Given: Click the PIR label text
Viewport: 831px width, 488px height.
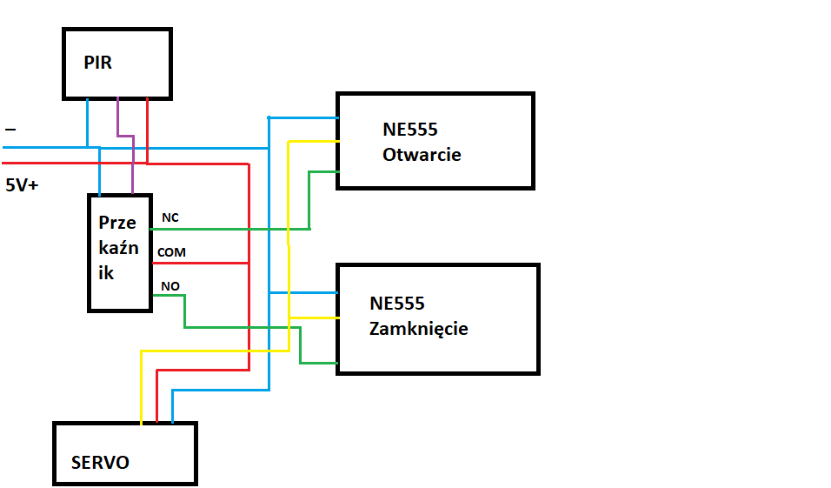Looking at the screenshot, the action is click(98, 63).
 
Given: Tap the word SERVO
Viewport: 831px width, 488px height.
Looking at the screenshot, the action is click(100, 463).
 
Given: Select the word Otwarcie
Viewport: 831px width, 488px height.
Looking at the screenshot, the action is click(422, 155).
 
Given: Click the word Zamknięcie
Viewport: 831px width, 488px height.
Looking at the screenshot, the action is click(419, 329).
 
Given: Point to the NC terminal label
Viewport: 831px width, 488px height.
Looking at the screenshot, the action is click(170, 217).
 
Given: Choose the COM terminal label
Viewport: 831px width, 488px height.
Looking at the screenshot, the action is click(172, 252).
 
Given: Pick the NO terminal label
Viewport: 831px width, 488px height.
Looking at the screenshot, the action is click(170, 286).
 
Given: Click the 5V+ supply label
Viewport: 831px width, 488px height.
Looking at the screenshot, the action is click(22, 185).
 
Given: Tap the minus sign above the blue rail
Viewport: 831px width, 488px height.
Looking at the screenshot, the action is click(10, 129).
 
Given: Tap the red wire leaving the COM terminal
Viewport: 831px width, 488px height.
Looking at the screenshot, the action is click(200, 263).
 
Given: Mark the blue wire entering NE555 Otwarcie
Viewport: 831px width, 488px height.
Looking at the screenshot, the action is click(303, 117).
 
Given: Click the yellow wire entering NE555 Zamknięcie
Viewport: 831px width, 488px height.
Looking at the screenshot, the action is click(314, 318).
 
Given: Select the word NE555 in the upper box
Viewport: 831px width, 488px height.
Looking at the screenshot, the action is click(410, 130).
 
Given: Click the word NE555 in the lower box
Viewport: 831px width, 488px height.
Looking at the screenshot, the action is click(397, 304).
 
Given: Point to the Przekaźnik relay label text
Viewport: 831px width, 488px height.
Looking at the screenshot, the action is click(119, 248).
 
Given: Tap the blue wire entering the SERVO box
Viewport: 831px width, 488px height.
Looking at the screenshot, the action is click(221, 391).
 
